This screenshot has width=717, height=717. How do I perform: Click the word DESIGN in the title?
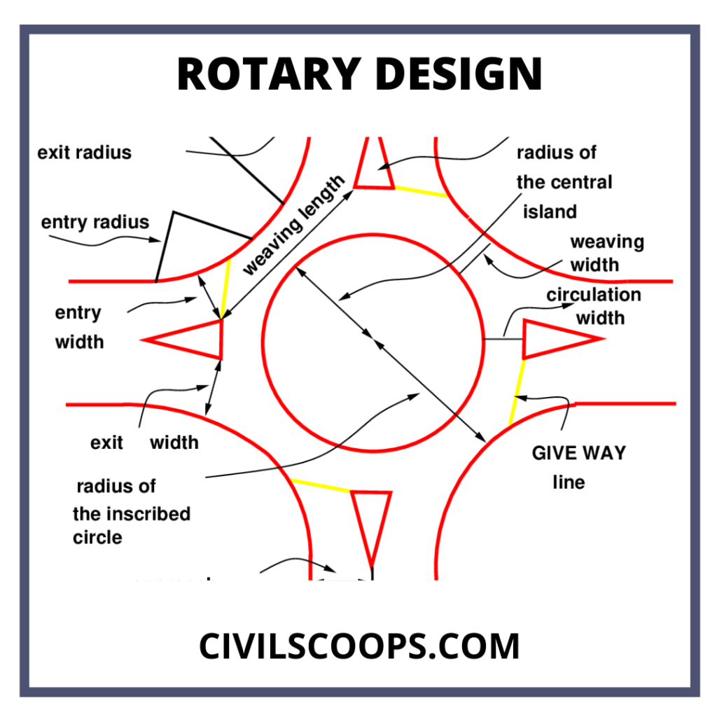click(x=455, y=74)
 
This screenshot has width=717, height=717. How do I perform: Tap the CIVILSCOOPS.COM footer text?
click(x=359, y=646)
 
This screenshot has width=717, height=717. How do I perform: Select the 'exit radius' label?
click(x=84, y=152)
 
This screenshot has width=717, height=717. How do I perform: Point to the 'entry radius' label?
click(x=95, y=223)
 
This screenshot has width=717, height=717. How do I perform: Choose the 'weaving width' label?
click(x=606, y=253)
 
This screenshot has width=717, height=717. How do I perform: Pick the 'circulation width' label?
click(x=594, y=306)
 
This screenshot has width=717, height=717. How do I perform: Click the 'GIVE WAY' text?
click(x=578, y=453)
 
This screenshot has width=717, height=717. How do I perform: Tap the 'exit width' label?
click(x=144, y=443)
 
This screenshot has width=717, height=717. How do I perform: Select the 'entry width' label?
click(x=79, y=327)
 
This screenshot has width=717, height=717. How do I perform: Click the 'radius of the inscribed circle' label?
click(x=131, y=513)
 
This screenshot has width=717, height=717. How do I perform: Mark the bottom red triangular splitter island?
click(x=371, y=518)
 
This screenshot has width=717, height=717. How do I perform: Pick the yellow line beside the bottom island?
click(x=320, y=485)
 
